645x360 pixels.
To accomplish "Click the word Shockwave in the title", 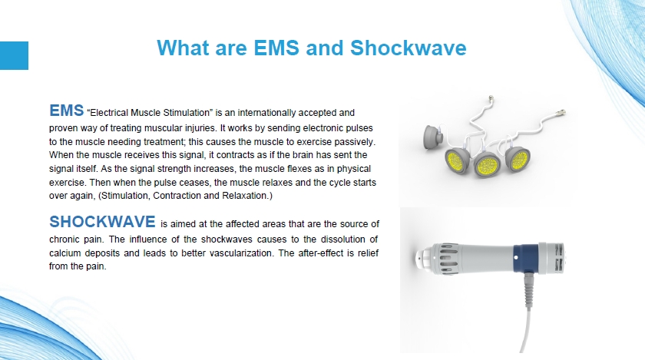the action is click(x=408, y=48).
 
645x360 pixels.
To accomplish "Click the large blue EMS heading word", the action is click(x=67, y=111).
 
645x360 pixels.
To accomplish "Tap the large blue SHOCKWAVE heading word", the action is click(x=102, y=222).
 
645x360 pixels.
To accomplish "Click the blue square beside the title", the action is click(x=14, y=55).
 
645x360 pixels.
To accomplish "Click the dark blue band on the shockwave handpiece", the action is click(x=526, y=259).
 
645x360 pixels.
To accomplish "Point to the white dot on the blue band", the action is click(x=516, y=258).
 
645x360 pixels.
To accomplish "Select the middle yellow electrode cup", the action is click(x=487, y=164).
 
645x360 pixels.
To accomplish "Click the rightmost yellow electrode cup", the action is click(x=518, y=158).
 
